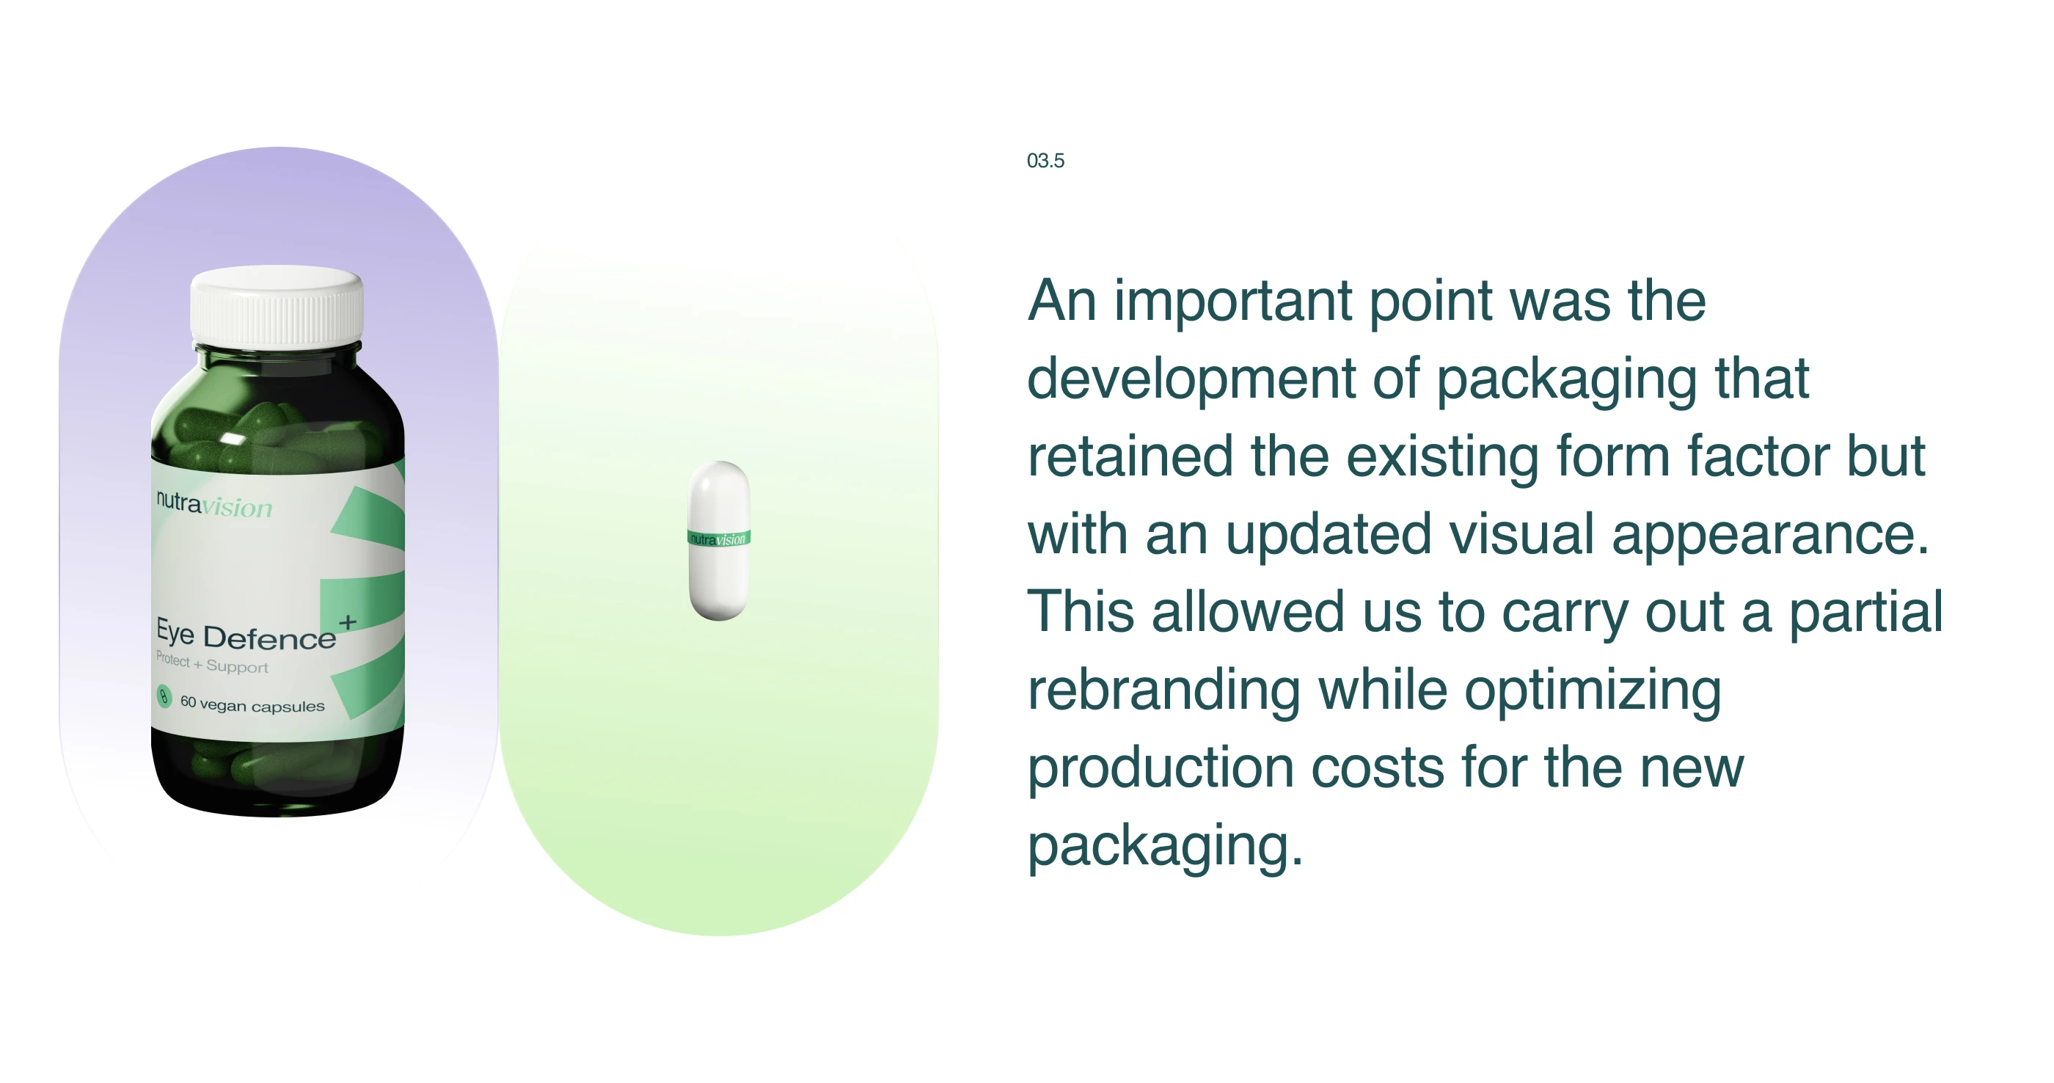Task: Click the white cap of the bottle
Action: [x=277, y=305]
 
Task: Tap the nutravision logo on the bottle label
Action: [x=213, y=505]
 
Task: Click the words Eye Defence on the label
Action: [x=246, y=635]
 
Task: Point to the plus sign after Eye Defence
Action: [x=348, y=622]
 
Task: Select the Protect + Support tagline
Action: [x=212, y=663]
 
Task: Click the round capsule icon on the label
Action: [x=164, y=696]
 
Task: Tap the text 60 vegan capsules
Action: [x=252, y=704]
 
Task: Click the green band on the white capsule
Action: [x=718, y=539]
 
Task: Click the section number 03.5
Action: [x=1045, y=160]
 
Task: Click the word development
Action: [x=1191, y=379]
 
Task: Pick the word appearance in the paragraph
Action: [x=1770, y=536]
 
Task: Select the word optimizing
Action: [x=1593, y=691]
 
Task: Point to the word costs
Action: [x=1377, y=769]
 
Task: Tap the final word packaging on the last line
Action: [x=1165, y=847]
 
